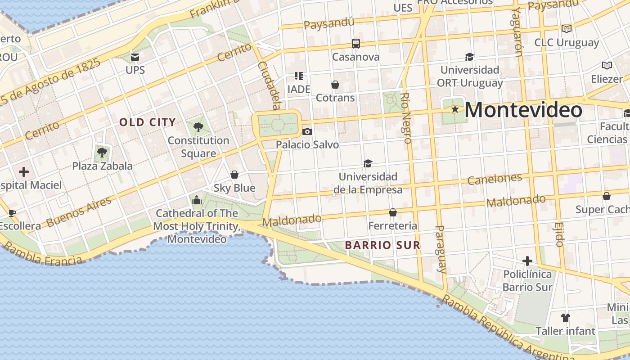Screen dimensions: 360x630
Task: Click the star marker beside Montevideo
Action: point(455,109)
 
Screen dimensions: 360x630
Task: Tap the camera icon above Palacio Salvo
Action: point(307,131)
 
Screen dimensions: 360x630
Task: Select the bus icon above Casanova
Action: point(355,44)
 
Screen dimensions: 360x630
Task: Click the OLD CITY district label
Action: point(147,122)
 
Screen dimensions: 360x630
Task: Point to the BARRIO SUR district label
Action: point(382,245)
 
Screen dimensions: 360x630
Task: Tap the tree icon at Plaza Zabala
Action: point(102,152)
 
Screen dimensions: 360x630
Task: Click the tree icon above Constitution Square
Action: point(198,127)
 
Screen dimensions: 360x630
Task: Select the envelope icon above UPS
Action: point(135,57)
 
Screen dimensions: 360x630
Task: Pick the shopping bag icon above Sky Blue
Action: point(234,175)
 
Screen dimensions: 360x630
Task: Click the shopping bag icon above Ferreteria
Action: point(393,212)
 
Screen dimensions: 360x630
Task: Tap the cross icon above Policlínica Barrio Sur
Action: point(527,261)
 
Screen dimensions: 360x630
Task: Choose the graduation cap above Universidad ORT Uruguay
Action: point(469,57)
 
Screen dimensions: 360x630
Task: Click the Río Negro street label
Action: point(405,118)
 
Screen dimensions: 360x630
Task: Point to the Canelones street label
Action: point(495,179)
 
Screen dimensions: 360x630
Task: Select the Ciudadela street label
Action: point(269,85)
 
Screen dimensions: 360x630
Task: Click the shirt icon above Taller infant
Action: point(566,318)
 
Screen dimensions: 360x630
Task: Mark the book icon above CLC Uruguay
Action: point(566,29)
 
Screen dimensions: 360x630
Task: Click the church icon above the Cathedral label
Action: point(196,199)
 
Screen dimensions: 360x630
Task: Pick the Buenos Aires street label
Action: point(79,212)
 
